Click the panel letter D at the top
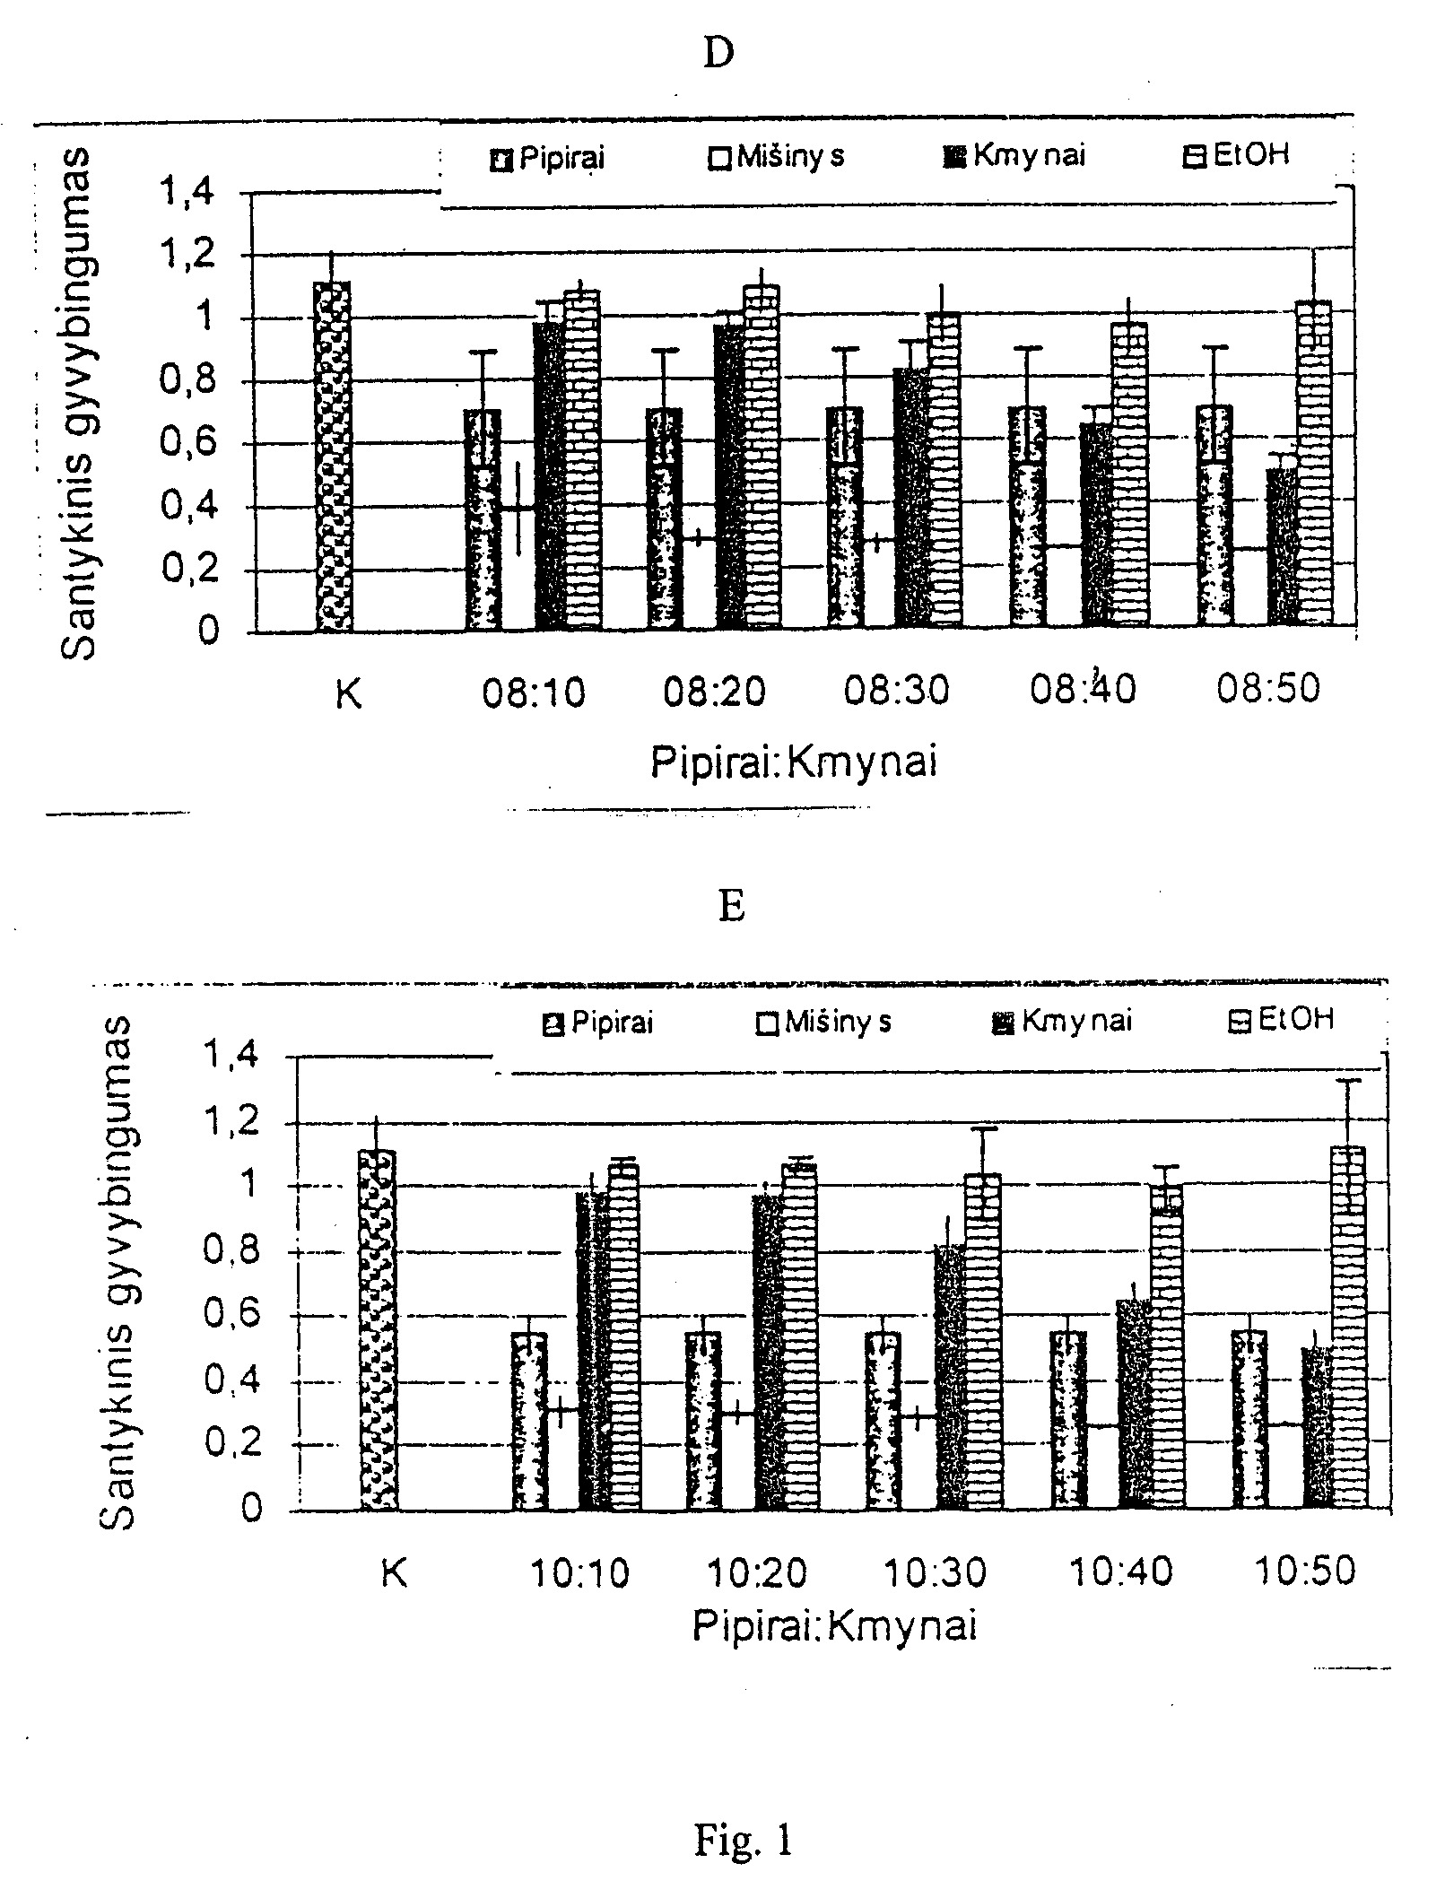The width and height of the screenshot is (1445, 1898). [718, 54]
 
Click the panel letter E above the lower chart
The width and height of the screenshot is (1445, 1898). [731, 907]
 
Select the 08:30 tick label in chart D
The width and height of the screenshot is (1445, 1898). [896, 691]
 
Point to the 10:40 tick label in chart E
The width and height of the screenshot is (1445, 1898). [1121, 1571]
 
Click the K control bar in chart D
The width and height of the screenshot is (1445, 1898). [332, 457]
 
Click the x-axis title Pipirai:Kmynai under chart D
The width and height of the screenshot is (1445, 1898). [794, 763]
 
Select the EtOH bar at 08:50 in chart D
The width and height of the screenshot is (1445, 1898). [1314, 462]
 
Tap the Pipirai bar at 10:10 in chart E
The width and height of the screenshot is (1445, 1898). [529, 1421]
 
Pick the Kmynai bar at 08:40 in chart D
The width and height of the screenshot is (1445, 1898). [1095, 523]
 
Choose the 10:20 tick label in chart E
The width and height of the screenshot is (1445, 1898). [758, 1571]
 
